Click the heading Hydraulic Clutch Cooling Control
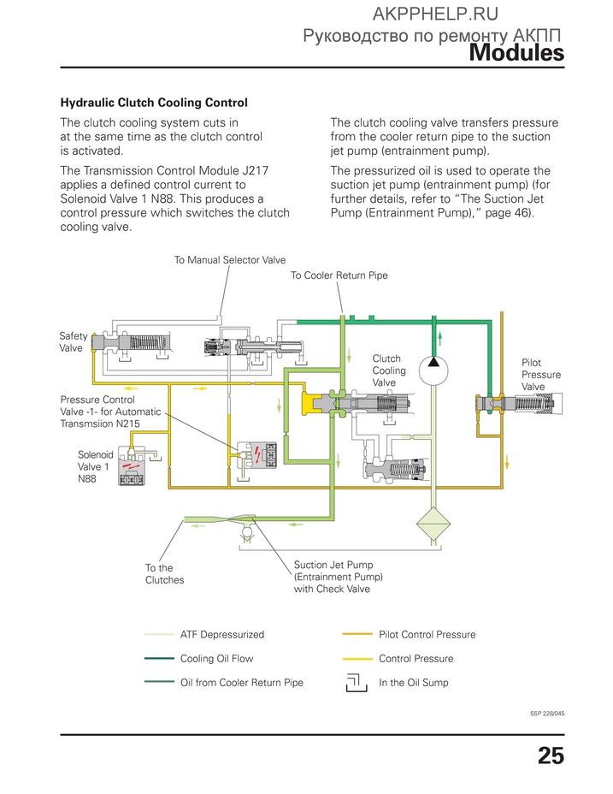coord(154,103)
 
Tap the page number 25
coord(551,755)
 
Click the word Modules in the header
coord(516,52)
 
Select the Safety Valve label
coord(73,341)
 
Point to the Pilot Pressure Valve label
coord(541,375)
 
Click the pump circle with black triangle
coord(433,370)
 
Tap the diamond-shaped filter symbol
coord(433,523)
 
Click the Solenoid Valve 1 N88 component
coord(133,465)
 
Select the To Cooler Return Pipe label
coord(339,276)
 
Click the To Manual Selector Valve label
coord(230,260)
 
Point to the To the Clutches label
coord(164,574)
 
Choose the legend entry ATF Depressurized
coord(222,635)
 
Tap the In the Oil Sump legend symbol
coord(357,683)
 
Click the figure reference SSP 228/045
coord(547,714)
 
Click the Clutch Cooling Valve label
coord(389,370)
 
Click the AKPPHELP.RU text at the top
coord(435,15)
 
